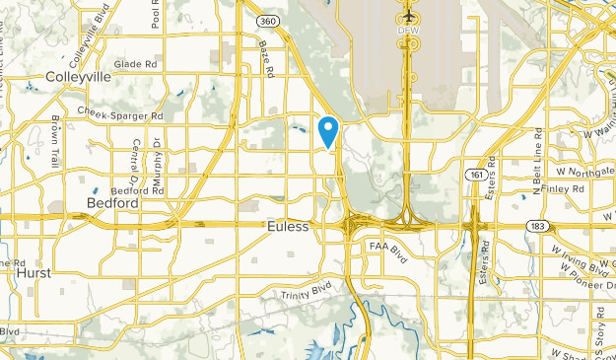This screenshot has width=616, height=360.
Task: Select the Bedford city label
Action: tap(111, 203)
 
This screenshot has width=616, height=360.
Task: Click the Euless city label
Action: tap(288, 227)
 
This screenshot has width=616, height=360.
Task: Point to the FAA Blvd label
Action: tap(387, 245)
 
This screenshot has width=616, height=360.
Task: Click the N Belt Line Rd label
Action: tap(537, 159)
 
